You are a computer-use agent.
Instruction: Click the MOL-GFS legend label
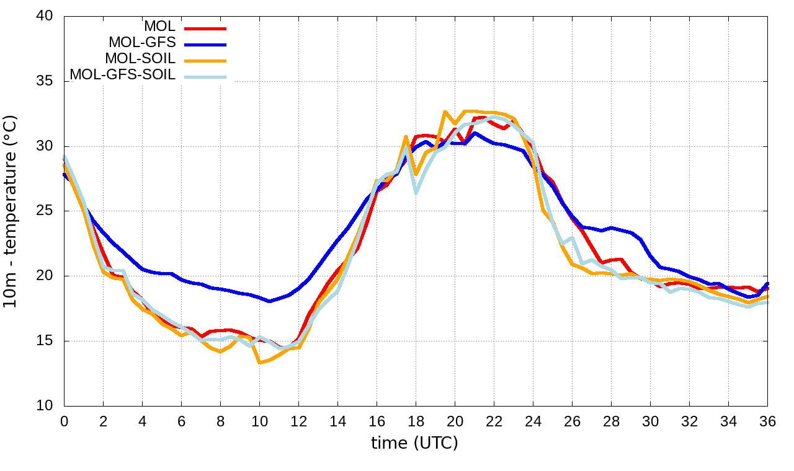(142, 43)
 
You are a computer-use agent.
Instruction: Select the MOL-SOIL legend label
(140, 59)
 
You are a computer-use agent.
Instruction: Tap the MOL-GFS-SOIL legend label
(123, 75)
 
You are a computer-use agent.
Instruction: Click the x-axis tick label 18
(416, 421)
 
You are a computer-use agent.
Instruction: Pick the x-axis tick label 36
(767, 421)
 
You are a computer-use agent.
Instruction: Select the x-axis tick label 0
(64, 421)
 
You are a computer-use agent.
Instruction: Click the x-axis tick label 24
(533, 421)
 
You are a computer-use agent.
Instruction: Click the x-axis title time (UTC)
(414, 444)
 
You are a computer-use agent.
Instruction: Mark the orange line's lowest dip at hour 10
(259, 363)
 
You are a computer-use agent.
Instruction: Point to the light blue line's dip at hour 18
(416, 192)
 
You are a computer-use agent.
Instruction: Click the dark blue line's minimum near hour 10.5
(269, 301)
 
